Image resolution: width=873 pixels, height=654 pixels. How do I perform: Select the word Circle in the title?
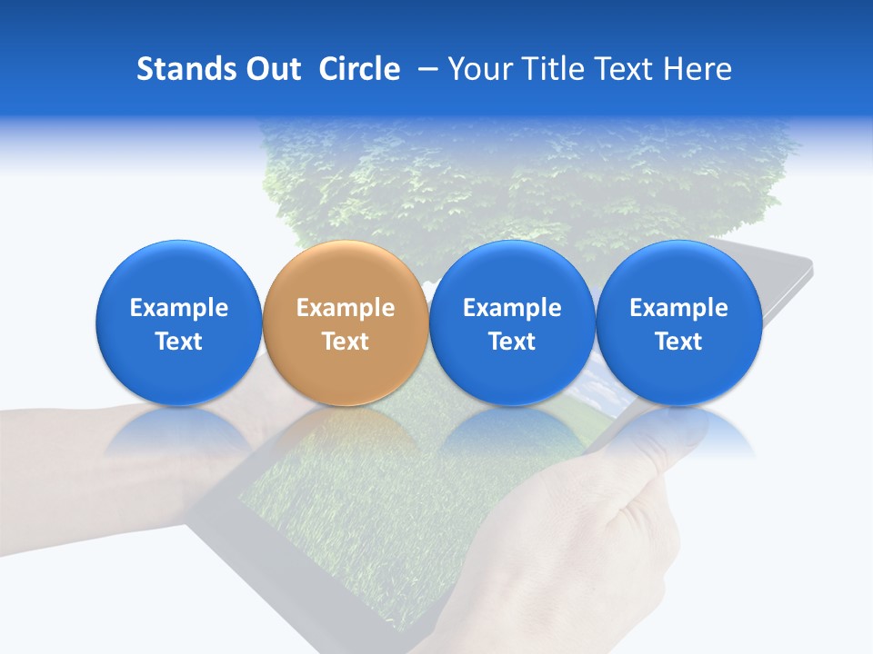point(359,69)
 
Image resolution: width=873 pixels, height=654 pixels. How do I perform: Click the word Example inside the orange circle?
point(345,308)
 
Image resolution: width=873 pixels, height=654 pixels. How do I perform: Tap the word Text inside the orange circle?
point(345,342)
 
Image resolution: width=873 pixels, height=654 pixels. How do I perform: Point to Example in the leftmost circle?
point(178,308)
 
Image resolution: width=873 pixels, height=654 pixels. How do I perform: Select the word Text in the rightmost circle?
point(678,342)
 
